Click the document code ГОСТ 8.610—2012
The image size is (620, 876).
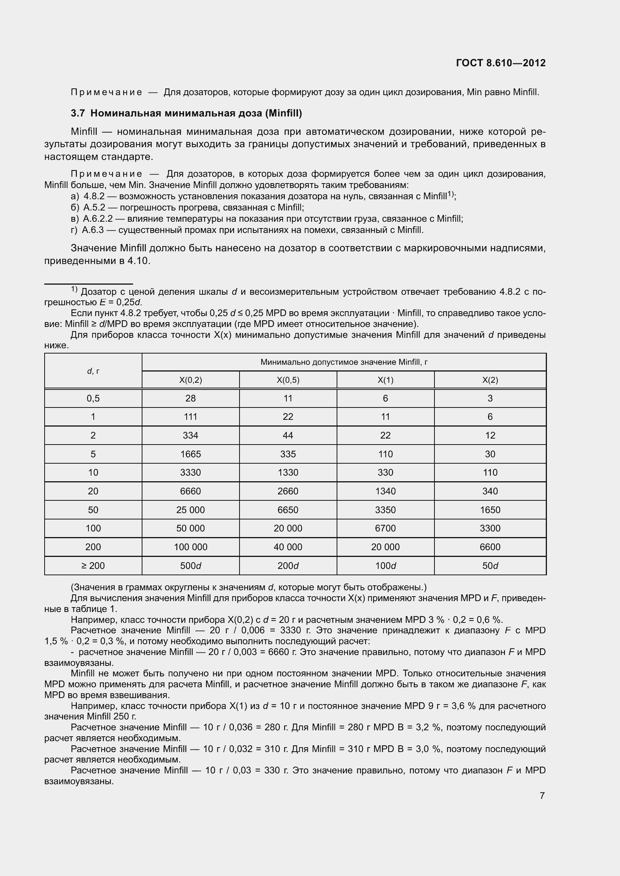pos(500,63)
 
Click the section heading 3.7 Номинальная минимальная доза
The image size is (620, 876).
pos(186,113)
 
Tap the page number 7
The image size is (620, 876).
pos(542,795)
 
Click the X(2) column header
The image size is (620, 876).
pos(490,380)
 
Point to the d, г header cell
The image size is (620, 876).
pos(93,371)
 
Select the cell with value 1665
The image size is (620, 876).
pos(190,454)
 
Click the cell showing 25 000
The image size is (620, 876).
pos(190,510)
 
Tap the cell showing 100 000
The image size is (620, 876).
pos(190,547)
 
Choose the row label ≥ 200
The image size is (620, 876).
pos(93,566)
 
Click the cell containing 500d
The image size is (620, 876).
pos(190,566)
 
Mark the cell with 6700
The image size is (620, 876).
pos(385,528)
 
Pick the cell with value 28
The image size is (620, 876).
pos(190,398)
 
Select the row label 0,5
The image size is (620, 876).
pos(93,398)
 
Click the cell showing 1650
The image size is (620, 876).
pos(490,510)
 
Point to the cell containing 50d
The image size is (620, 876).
pos(490,566)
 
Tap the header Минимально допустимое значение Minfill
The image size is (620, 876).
pos(344,362)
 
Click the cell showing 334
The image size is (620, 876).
pos(190,435)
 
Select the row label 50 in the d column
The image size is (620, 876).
pos(93,510)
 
